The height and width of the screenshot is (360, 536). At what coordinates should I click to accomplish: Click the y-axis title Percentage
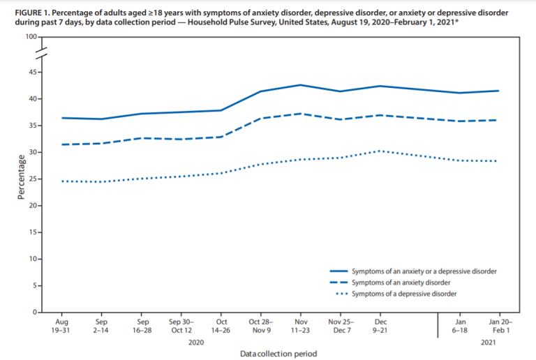(x=22, y=183)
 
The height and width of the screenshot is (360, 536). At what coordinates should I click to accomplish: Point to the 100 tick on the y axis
(x=31, y=36)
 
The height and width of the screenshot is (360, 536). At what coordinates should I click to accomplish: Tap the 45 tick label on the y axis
(x=33, y=72)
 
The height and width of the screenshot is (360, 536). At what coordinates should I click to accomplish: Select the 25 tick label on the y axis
(x=33, y=179)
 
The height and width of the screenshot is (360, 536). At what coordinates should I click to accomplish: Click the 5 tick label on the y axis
(x=35, y=286)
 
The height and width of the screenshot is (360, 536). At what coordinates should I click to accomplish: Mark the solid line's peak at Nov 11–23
(x=300, y=85)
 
